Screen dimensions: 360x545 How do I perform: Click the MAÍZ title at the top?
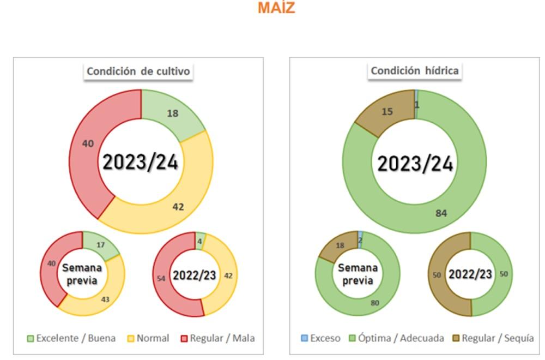click(x=276, y=8)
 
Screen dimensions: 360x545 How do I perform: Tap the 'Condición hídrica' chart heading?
click(x=414, y=71)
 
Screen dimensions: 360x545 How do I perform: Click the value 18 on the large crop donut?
click(x=173, y=113)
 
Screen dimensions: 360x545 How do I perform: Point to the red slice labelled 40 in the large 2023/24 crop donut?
click(x=88, y=144)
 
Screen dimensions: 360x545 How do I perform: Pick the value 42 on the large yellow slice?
click(x=178, y=207)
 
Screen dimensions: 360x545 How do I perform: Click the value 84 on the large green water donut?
click(x=441, y=213)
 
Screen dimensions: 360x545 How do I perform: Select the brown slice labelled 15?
click(x=387, y=111)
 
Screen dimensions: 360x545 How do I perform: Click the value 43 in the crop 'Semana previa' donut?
click(x=105, y=299)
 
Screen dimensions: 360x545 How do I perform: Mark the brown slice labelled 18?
click(x=340, y=246)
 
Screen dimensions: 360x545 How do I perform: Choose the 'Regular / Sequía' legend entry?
click(x=493, y=338)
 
